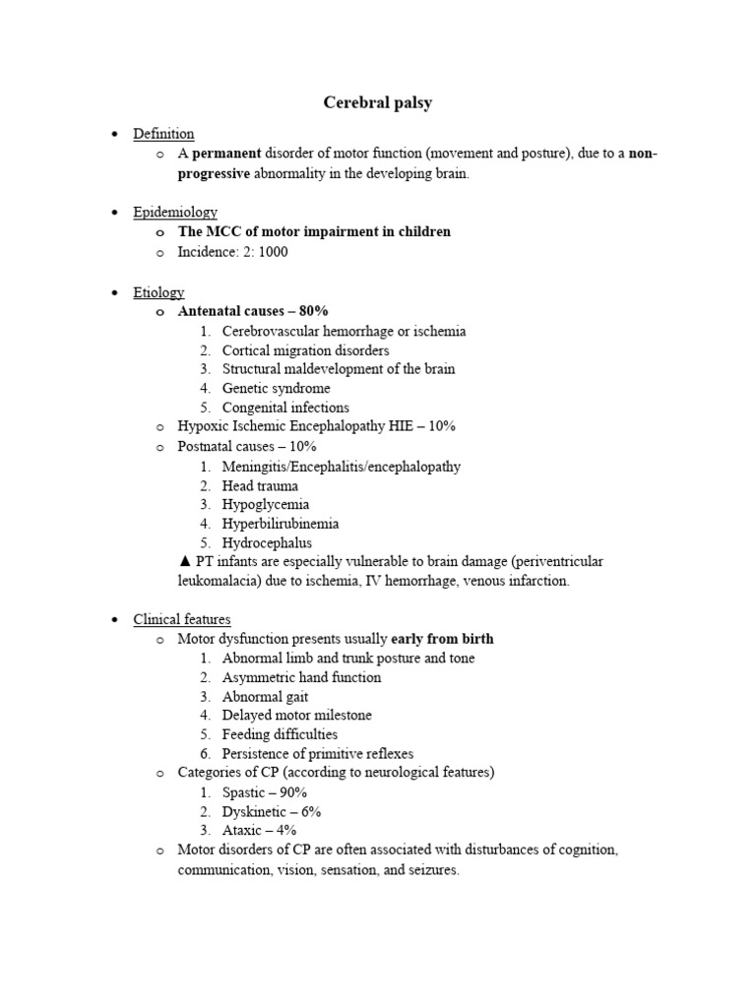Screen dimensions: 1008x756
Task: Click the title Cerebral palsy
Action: [378, 102]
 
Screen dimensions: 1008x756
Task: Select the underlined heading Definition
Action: [163, 134]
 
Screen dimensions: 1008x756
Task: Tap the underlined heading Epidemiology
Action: [175, 212]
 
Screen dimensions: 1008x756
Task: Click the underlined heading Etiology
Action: [158, 292]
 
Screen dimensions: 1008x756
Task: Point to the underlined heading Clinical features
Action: [182, 619]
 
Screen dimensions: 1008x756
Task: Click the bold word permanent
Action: [226, 154]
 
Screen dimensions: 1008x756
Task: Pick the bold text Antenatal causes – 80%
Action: [252, 312]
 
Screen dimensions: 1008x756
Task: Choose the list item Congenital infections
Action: [285, 408]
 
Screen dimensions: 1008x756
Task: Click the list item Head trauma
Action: [260, 485]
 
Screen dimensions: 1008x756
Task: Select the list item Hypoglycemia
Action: [265, 504]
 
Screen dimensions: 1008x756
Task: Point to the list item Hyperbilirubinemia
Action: [281, 524]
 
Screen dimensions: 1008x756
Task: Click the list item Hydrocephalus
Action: [267, 542]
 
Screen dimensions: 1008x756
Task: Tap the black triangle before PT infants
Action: [184, 561]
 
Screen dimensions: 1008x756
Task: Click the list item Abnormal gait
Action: [265, 696]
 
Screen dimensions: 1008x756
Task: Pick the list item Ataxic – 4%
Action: [259, 830]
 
